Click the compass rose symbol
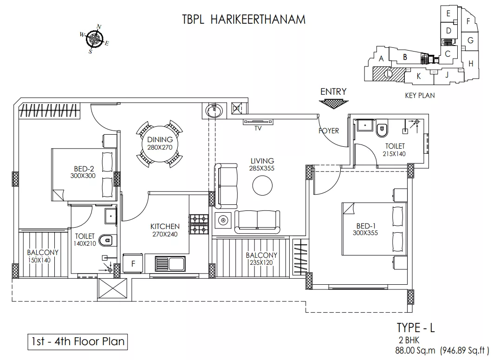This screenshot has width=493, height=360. pos(94,39)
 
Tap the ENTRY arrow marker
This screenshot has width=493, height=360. pos(334,104)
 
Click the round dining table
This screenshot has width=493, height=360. pos(160,144)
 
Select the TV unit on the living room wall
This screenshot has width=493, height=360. pos(258,122)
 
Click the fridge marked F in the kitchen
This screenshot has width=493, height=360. pos(133,263)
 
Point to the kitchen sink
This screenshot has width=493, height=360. pos(170,264)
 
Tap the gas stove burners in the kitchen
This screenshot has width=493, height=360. pos(199,224)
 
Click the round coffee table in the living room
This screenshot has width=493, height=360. pos(262,185)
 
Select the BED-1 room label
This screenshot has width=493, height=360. pos(366,226)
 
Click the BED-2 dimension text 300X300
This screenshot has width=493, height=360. pos(83,176)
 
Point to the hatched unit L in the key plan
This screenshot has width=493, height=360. pos(388,74)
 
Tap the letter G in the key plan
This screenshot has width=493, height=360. pos(470,40)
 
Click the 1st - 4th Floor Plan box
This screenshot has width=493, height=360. pos(78,342)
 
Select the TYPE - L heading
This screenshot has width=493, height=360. pos(415,327)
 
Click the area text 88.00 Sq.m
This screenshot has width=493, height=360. pos(415,350)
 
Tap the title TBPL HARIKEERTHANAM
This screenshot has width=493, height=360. pos(244,20)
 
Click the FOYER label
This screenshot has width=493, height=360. pos(329,131)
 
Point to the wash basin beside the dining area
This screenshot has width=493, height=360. pos(214,111)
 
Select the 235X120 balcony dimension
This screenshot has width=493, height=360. pos(261,262)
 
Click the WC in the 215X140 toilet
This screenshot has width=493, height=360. pos(382,129)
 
